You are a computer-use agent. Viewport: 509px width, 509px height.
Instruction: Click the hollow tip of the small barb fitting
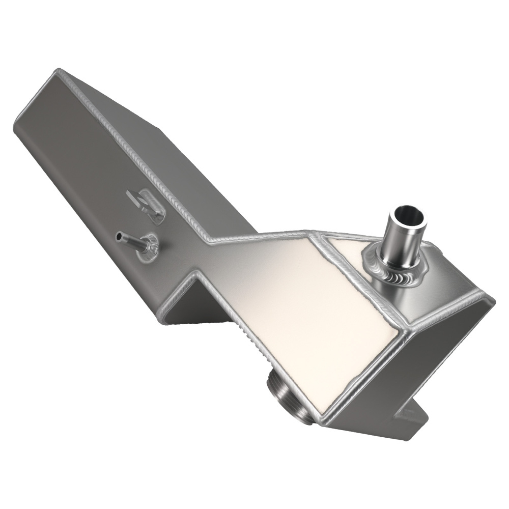[119, 236]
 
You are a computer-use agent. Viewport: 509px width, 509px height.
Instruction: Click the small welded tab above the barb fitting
[146, 205]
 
